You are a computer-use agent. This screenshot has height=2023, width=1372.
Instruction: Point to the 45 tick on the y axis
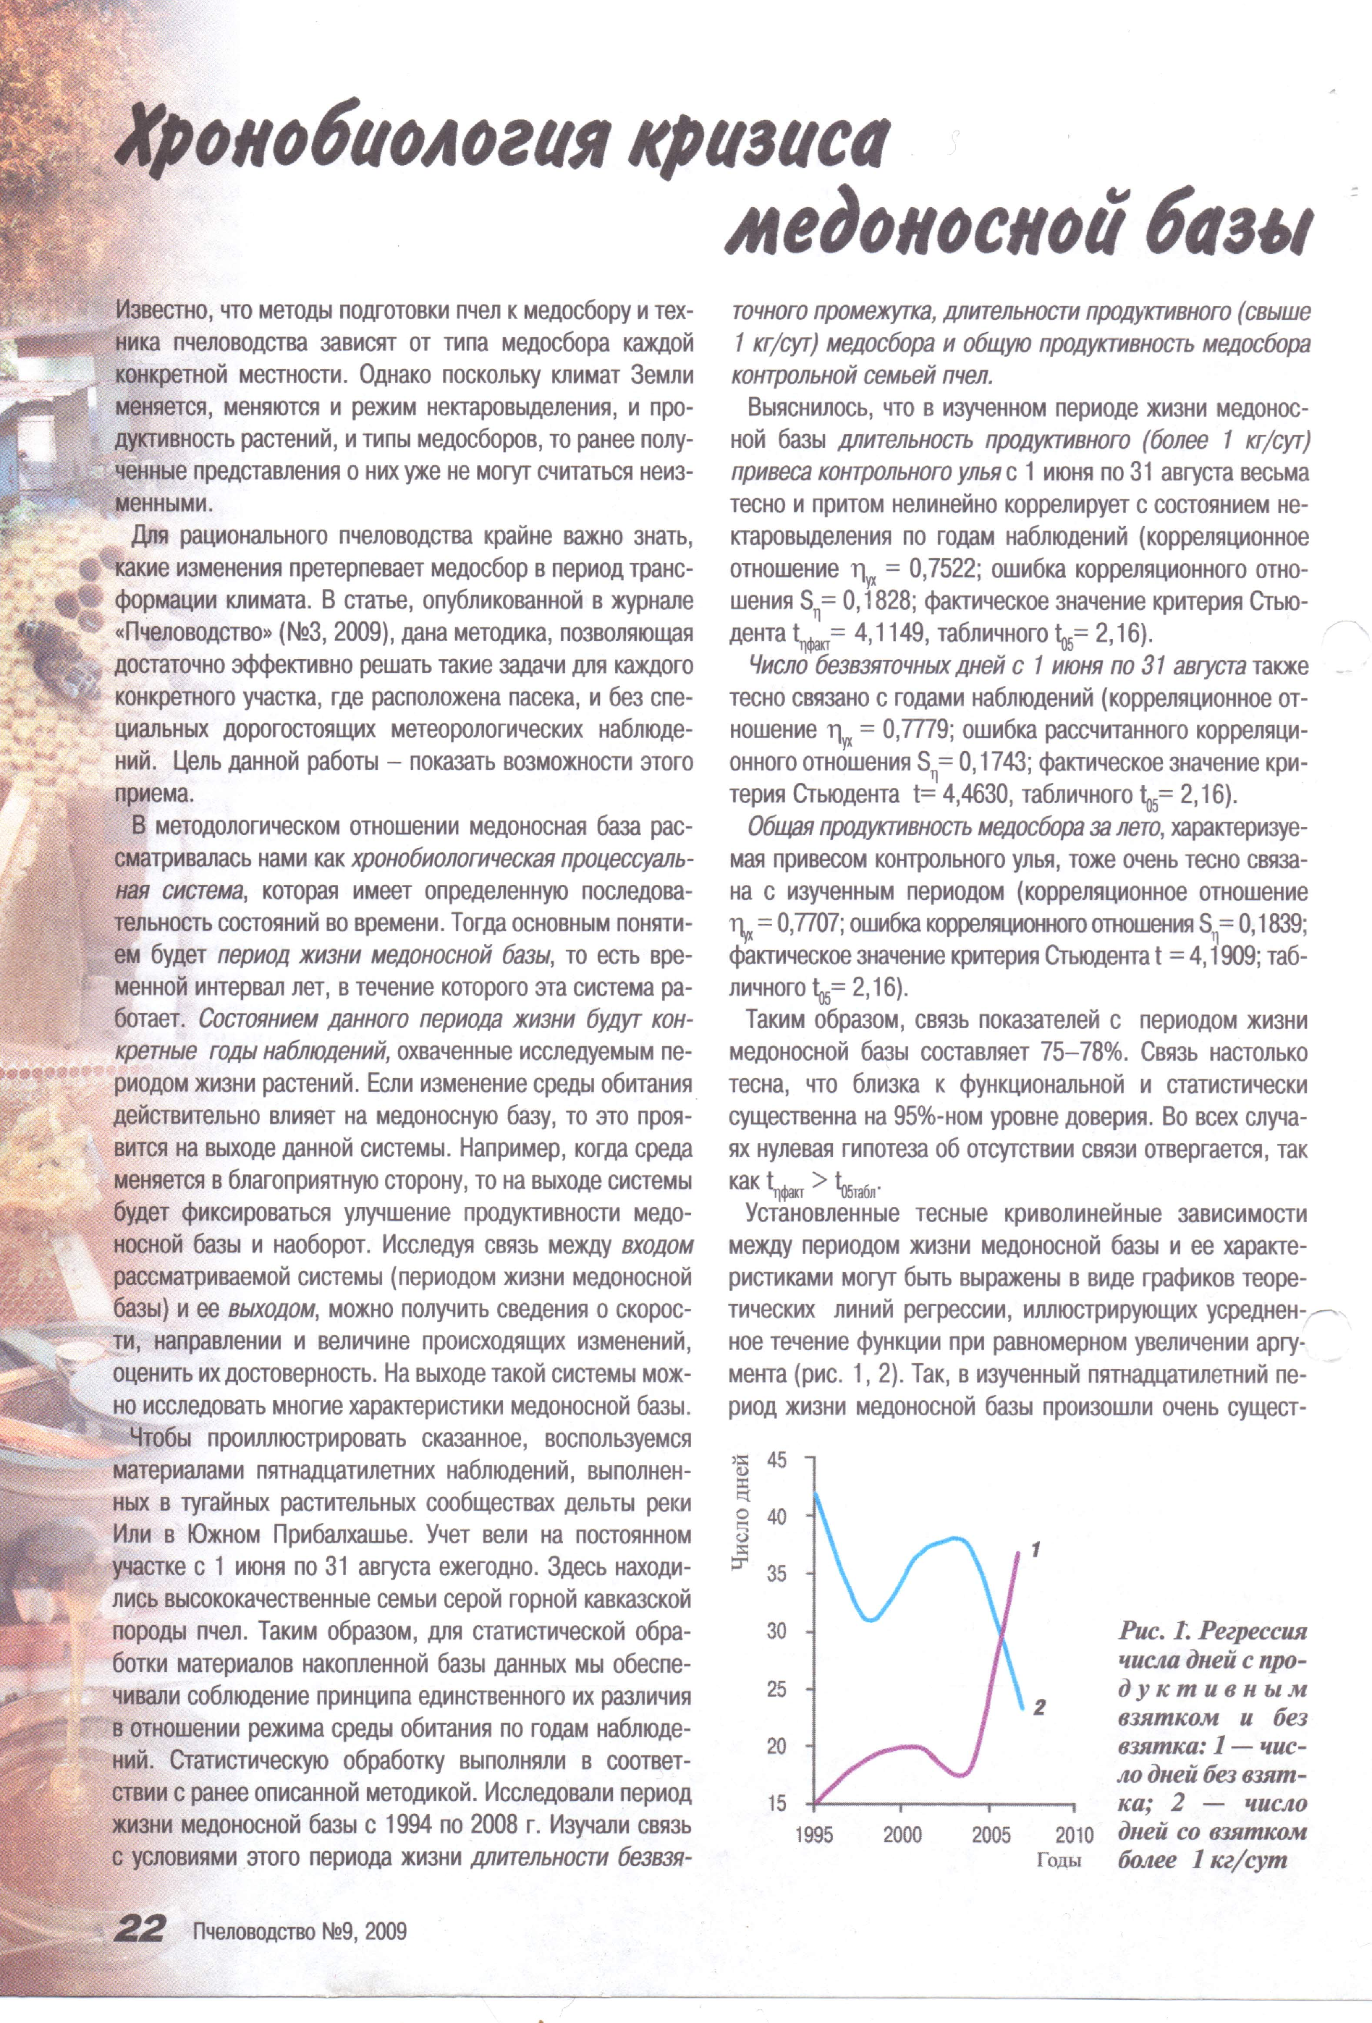pos(776,1460)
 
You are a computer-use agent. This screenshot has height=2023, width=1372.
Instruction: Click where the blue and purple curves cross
pos(1002,1637)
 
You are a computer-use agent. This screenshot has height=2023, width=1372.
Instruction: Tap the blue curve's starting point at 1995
pos(815,1495)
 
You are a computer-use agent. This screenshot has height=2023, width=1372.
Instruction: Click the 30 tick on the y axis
pos(776,1632)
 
